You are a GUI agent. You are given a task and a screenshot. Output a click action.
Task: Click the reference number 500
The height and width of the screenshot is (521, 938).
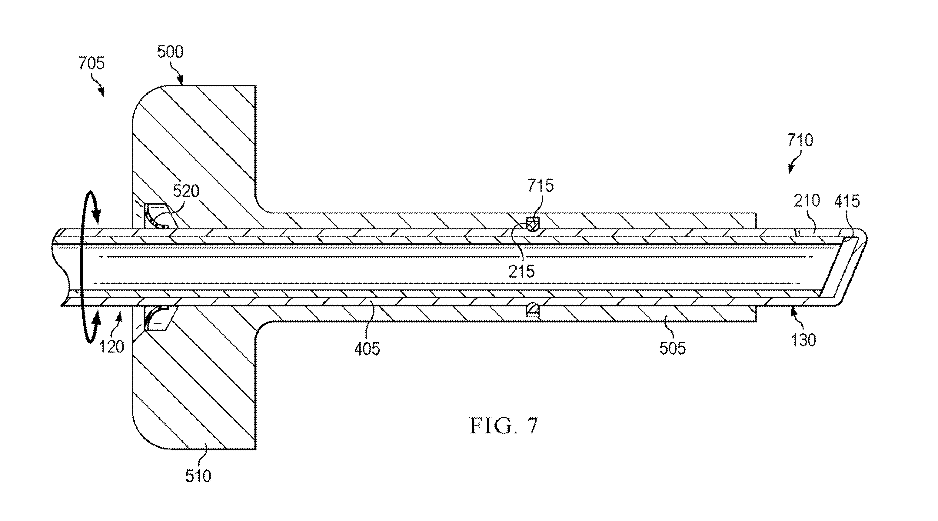coord(170,52)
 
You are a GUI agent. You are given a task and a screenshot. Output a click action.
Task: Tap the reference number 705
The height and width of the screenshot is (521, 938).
coord(91,63)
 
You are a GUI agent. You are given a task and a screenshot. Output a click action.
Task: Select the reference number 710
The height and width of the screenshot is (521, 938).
coord(800,140)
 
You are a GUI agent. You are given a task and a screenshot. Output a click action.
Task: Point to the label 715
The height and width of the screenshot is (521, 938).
coord(541,186)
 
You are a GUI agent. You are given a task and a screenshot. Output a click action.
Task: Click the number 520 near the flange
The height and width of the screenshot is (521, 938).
coord(186,191)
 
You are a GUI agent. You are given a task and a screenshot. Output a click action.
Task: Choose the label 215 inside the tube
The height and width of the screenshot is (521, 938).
coord(521,272)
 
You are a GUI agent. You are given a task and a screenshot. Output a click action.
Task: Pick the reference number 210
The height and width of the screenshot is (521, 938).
coord(807,201)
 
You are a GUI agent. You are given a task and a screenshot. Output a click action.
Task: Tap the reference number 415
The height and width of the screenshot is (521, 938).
coord(847,201)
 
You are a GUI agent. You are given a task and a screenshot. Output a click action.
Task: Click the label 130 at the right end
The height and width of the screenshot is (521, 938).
coord(803,340)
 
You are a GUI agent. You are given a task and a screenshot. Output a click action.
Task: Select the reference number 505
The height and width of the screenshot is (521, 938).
coord(672,348)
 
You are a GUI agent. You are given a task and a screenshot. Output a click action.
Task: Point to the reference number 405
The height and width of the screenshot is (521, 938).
coord(367,349)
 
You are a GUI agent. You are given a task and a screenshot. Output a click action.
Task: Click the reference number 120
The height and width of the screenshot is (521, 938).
coord(111,346)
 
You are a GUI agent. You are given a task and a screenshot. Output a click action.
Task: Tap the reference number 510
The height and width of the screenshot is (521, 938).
coord(198,476)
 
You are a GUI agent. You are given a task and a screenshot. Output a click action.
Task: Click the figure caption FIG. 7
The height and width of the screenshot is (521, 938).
coord(504,426)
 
